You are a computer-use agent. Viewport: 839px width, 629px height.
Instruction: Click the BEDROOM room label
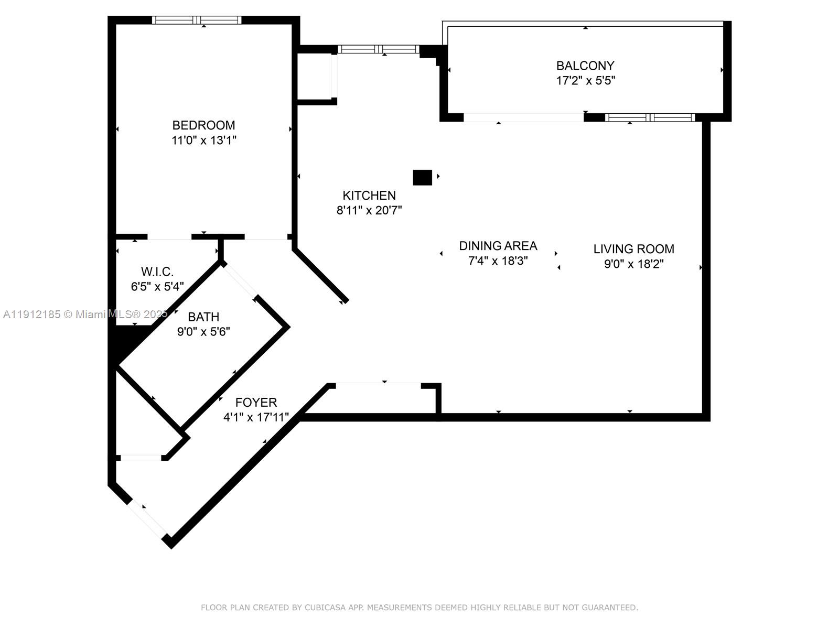203,125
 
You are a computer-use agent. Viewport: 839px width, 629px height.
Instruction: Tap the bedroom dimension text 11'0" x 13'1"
203,140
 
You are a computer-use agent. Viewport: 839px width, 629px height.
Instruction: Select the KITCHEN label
369,196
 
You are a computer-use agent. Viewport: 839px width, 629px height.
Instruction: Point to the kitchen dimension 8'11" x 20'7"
369,211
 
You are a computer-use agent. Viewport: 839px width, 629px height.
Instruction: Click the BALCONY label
585,66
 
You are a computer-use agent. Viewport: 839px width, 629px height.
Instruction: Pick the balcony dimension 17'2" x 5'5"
585,81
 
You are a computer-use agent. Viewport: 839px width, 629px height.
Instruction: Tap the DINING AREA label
498,246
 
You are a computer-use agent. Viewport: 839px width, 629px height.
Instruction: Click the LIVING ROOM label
633,249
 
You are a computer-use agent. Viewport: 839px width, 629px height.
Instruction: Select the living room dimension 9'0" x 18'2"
633,264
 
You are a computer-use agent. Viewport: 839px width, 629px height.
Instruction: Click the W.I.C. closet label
157,272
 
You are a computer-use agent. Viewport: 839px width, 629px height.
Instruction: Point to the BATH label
203,317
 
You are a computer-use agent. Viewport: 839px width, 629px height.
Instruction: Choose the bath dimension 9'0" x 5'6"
203,332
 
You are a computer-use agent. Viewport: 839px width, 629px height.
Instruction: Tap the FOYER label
256,403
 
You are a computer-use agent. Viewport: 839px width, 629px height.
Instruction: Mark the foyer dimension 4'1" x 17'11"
256,418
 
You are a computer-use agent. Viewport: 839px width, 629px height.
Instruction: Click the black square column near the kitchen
422,178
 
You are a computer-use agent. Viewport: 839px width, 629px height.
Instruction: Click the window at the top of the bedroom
197,20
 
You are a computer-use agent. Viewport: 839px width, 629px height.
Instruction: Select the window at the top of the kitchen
379,49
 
